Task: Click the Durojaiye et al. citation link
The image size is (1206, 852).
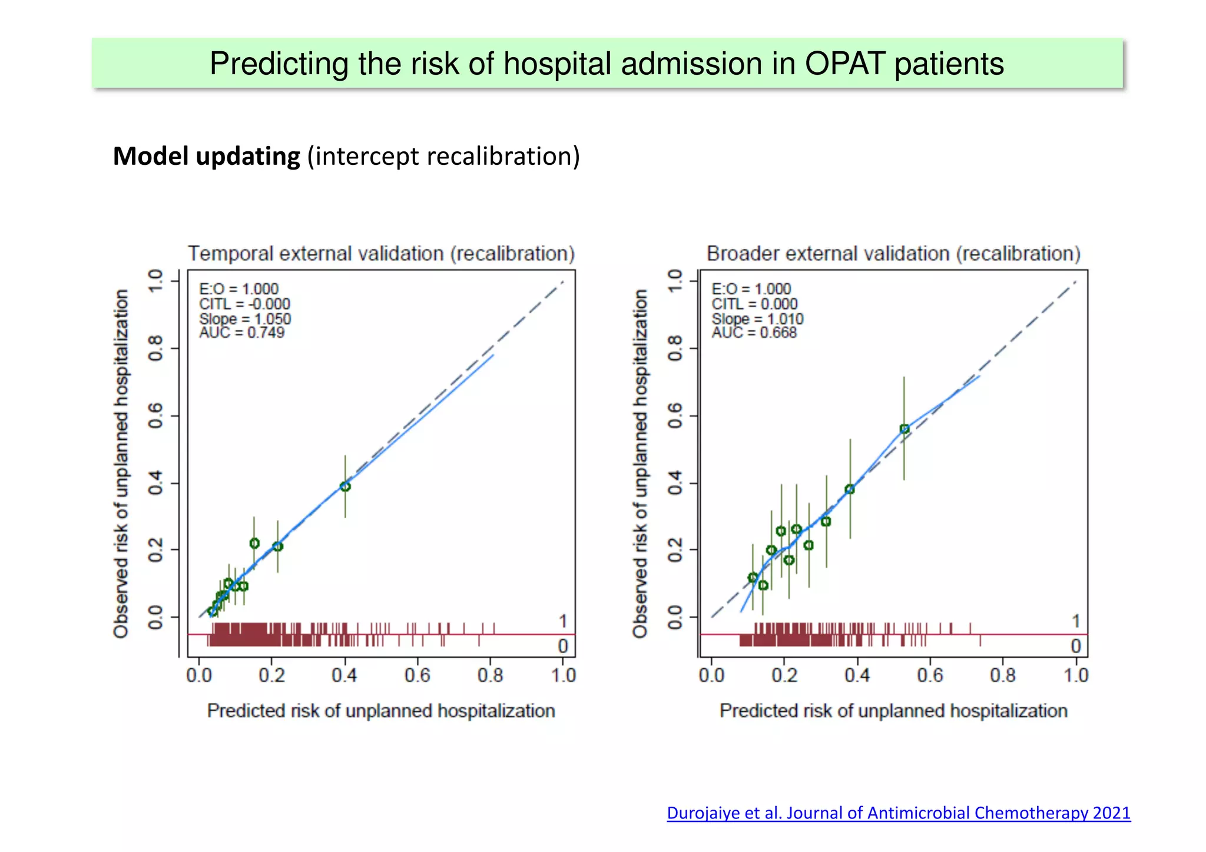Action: (x=898, y=813)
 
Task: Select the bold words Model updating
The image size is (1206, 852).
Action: (x=206, y=157)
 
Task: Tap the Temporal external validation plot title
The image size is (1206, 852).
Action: (x=381, y=254)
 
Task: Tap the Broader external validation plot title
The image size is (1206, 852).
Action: (x=893, y=254)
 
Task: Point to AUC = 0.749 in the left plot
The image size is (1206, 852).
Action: (x=241, y=333)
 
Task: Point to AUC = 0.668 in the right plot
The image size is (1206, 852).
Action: (x=754, y=333)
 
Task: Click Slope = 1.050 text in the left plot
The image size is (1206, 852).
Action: (x=244, y=319)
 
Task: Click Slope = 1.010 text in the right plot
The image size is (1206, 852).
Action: (x=757, y=319)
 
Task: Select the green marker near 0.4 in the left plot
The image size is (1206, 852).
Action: (x=345, y=486)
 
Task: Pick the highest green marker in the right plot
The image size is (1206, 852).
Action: (x=904, y=429)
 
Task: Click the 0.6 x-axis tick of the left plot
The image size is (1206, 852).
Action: (x=418, y=675)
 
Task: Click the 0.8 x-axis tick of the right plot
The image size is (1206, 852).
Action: (x=1003, y=675)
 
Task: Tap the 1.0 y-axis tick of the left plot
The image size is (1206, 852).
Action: (x=155, y=281)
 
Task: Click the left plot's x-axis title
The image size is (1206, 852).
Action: (x=381, y=711)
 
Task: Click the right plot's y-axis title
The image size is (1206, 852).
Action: (x=640, y=463)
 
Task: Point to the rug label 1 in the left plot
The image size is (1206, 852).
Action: (x=563, y=621)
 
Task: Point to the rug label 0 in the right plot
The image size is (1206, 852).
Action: (x=1076, y=646)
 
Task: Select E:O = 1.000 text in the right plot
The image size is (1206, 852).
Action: (x=751, y=289)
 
